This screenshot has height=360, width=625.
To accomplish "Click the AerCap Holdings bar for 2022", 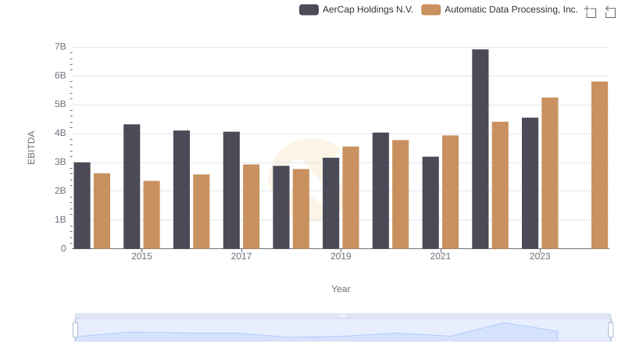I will [480, 149].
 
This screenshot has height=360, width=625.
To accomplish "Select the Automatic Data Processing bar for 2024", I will [599, 165].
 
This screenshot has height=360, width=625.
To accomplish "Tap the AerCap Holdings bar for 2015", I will [132, 187].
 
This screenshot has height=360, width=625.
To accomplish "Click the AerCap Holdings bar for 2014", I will [82, 205].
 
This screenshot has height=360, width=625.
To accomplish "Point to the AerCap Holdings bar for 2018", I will [281, 207].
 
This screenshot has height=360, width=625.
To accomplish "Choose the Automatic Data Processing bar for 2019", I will [351, 198].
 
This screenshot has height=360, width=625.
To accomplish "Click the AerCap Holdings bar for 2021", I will [430, 202].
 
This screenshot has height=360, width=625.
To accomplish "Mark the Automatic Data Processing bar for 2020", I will [401, 194].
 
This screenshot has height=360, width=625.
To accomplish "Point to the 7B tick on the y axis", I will [60, 47].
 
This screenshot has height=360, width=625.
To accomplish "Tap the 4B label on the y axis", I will [60, 134].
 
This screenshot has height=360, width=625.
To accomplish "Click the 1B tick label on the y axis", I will [60, 220].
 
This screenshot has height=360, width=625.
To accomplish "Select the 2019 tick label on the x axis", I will [341, 256].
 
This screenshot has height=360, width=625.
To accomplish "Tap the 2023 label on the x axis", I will [540, 256].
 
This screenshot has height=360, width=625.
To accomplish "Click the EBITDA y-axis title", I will [32, 148].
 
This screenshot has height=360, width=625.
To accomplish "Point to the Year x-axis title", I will [341, 289].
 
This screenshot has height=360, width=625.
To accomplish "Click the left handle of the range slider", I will [76, 330].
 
